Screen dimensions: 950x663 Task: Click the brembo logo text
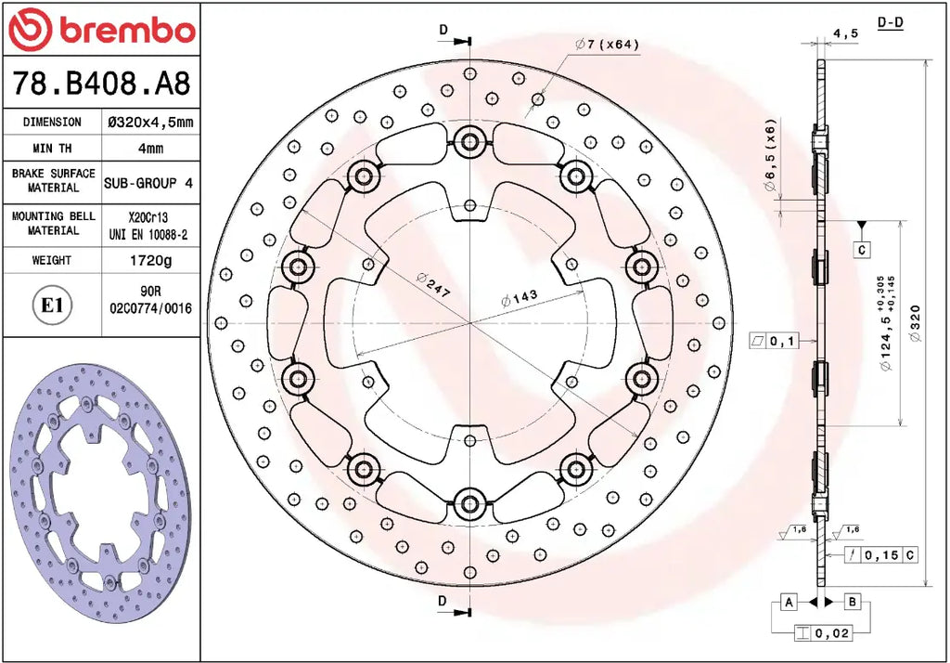pos(128,30)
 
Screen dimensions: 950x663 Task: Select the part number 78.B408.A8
pos(101,83)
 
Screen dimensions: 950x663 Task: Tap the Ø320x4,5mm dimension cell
pos(150,122)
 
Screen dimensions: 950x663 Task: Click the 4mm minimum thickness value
pos(151,148)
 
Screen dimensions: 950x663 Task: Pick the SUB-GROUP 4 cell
pos(148,183)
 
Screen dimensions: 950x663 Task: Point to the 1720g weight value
pos(151,260)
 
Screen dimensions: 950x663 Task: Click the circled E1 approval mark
pos(52,305)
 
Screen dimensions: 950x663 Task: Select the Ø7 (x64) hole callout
pos(607,45)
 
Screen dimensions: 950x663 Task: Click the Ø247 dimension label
pos(433,284)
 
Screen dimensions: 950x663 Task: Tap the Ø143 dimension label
pos(520,298)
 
